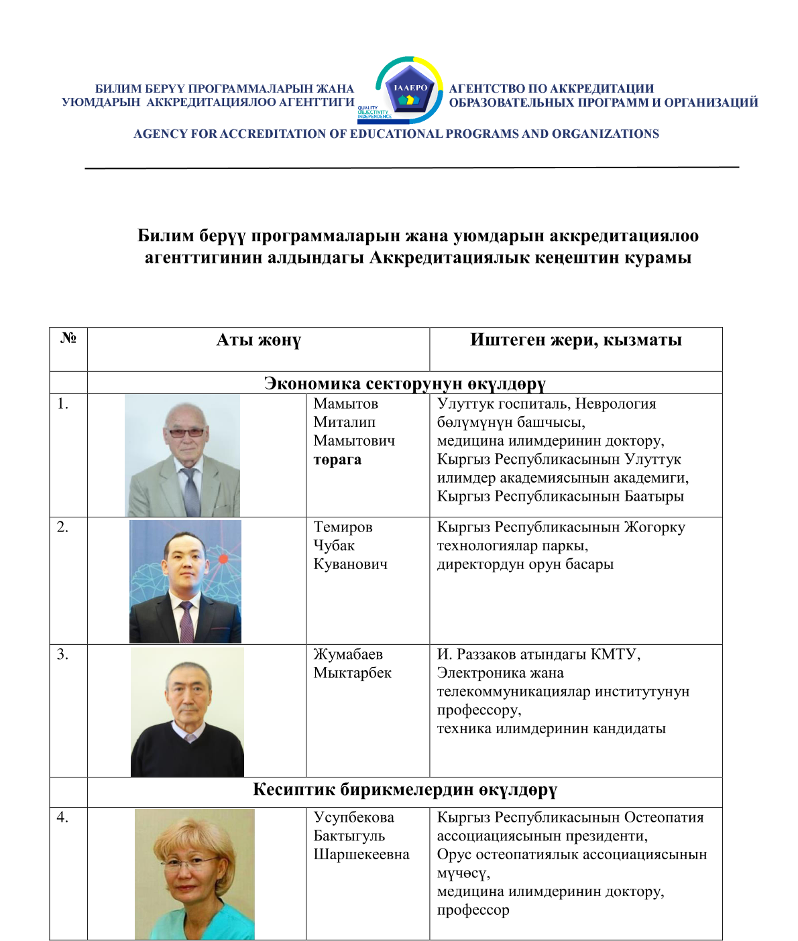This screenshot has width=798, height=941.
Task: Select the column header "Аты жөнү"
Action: pos(258,340)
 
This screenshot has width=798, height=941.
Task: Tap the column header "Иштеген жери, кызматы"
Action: pos(575,340)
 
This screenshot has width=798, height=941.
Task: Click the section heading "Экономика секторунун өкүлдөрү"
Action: pos(404,383)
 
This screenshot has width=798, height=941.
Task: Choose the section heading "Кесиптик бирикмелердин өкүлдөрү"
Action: pos(404,790)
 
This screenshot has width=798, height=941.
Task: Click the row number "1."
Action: pos(62,403)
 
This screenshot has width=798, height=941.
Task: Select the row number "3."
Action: pos(62,654)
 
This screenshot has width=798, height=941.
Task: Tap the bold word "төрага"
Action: pos(337,460)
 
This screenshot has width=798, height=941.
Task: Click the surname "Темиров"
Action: pos(343,527)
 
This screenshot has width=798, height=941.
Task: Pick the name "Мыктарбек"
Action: pos(352,673)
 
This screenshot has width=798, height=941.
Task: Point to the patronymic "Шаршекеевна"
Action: pos(361,855)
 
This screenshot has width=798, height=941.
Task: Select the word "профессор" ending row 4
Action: pos(473,910)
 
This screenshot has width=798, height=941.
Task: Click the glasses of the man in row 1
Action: pos(185,432)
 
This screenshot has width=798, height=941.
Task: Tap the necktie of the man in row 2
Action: pos(186,620)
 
